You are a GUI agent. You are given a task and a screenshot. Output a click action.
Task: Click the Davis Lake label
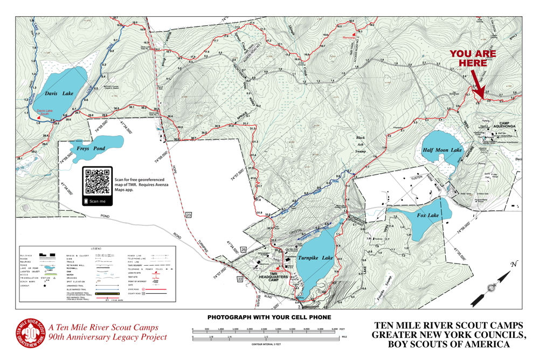click(x=59, y=93)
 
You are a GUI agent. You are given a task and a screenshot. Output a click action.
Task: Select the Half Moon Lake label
click(x=443, y=150)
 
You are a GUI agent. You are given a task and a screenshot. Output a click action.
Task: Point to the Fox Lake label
click(x=429, y=216)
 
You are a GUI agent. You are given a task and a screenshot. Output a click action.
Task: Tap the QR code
click(x=98, y=182)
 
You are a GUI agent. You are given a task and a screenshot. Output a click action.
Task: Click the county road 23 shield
click(x=189, y=215)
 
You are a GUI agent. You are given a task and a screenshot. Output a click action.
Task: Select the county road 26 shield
click(x=244, y=250)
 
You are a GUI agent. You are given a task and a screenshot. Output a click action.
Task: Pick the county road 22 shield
click(x=240, y=279)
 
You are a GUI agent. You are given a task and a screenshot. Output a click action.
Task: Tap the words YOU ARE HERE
click(x=469, y=58)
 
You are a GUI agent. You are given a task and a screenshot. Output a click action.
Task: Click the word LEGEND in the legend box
click(x=96, y=249)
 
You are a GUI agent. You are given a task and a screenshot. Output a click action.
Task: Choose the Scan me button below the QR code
click(x=98, y=201)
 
